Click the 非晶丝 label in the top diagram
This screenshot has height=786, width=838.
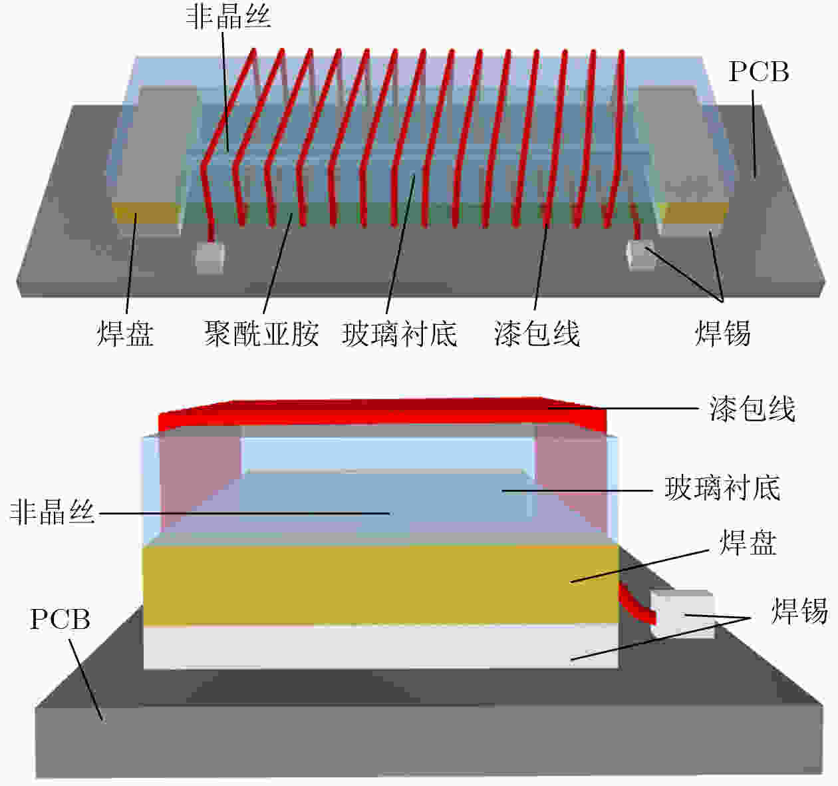tap(228, 19)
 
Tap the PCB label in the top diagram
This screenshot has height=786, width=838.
tap(759, 71)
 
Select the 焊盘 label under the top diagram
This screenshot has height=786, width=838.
tap(125, 333)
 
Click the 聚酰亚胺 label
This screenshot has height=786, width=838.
tap(261, 333)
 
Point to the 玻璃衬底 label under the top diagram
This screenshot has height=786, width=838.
tap(400, 333)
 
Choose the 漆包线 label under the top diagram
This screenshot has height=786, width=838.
tap(537, 333)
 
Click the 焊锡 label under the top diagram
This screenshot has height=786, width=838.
tap(723, 333)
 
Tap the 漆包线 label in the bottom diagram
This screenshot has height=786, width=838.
tap(752, 409)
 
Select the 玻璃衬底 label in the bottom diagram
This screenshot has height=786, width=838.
tap(722, 488)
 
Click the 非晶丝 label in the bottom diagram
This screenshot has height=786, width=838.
tap(53, 512)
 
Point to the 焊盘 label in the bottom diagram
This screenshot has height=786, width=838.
tap(748, 542)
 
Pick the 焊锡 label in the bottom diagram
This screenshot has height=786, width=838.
tap(799, 611)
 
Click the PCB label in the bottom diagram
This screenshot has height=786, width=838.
tap(60, 620)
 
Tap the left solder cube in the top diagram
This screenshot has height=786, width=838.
tap(209, 257)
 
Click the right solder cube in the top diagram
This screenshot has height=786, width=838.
tap(640, 254)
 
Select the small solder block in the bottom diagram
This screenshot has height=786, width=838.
tap(682, 614)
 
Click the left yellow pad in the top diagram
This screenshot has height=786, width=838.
tap(146, 213)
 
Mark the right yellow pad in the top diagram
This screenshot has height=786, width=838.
tap(694, 213)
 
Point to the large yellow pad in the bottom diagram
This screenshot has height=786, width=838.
tap(380, 585)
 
